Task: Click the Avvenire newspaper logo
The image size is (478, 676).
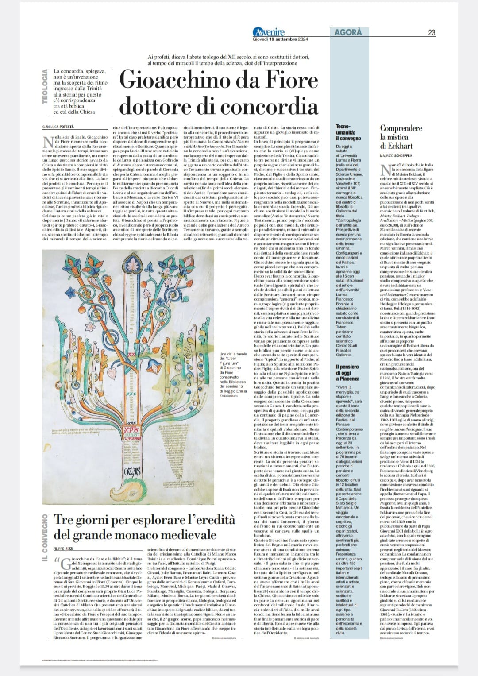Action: click(x=268, y=32)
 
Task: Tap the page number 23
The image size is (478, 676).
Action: click(x=432, y=32)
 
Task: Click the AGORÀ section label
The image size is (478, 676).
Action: click(x=348, y=32)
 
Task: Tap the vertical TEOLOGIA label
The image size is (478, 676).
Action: click(x=45, y=87)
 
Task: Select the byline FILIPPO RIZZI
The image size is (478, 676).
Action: click(x=64, y=549)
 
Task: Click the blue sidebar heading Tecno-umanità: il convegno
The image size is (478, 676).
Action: click(x=348, y=132)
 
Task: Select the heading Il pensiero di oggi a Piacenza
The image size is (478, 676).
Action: click(x=347, y=372)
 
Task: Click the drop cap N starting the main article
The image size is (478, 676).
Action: click(x=47, y=143)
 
